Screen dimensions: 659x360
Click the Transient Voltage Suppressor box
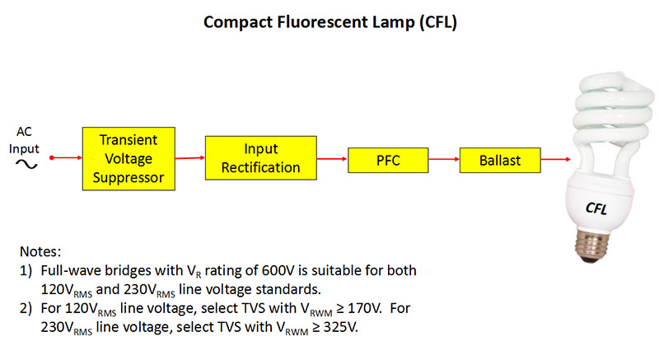coord(129,159)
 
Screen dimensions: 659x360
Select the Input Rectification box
coord(261,158)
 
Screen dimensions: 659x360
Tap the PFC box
coord(388,160)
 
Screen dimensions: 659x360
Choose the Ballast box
coord(500,160)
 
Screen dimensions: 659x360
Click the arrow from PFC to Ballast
coord(444,159)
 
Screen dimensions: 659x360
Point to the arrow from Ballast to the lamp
coord(556,159)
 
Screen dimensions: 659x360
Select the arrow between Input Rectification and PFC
coord(333,159)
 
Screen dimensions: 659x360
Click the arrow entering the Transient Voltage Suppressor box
coord(68,157)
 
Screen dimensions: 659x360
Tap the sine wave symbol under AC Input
coord(26,164)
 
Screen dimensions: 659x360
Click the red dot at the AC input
coord(52,157)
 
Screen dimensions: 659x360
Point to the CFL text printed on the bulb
coord(596,208)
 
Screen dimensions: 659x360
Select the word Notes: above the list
coord(40,251)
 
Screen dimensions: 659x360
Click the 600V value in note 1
coord(278,270)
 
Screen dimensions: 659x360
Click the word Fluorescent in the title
coord(322,22)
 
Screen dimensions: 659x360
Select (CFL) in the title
coord(438,22)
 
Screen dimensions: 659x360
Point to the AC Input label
coord(24,140)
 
